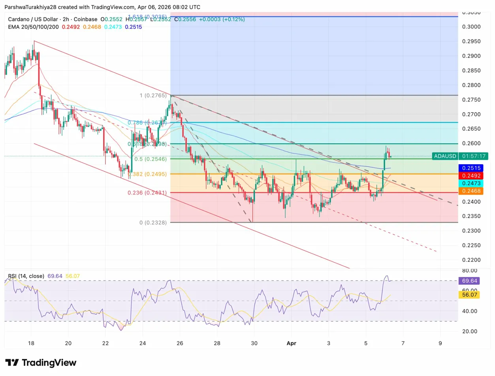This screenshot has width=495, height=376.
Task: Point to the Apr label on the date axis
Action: click(291, 343)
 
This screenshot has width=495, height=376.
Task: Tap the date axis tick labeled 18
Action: click(31, 343)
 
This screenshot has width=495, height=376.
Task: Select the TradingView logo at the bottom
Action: click(41, 363)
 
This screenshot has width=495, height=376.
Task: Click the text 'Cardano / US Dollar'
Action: click(34, 19)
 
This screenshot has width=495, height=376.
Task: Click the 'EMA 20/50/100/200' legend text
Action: click(33, 27)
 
